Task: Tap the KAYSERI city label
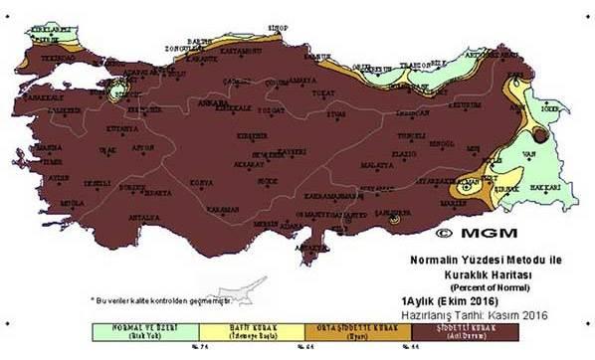(291, 151)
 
